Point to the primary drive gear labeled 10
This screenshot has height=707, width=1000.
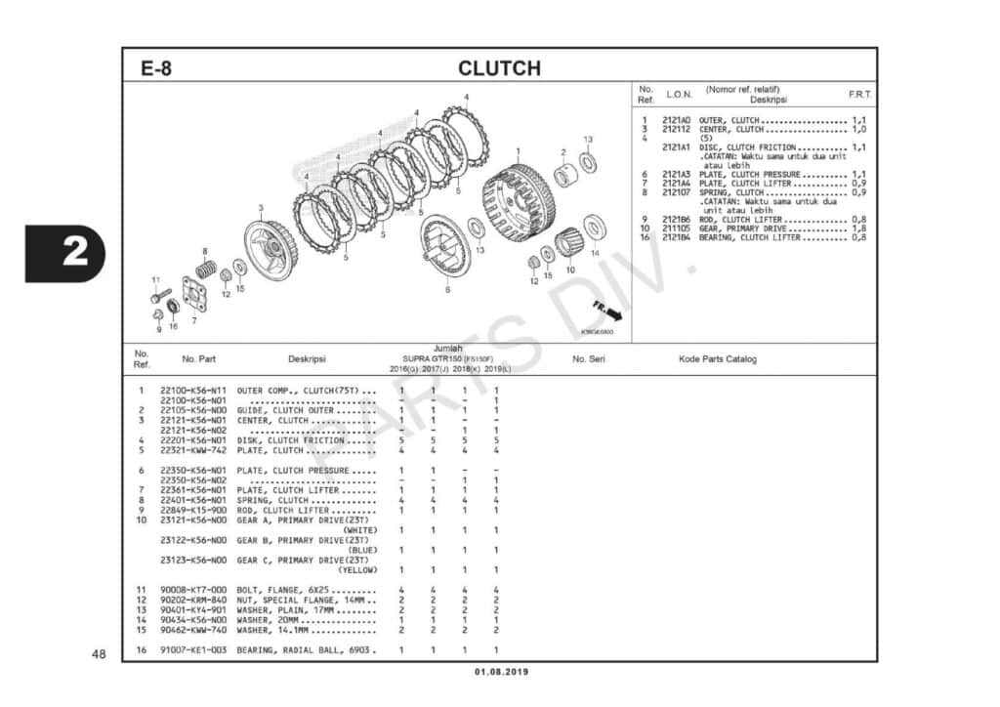click(x=568, y=246)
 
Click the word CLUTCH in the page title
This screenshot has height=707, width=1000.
click(x=499, y=68)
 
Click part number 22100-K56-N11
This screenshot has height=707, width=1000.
click(x=193, y=391)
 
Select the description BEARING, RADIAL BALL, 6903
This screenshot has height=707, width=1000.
click(x=306, y=649)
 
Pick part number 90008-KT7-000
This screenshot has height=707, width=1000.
click(x=193, y=590)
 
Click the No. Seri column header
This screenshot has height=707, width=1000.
click(x=590, y=358)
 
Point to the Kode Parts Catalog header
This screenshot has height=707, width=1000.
click(x=717, y=358)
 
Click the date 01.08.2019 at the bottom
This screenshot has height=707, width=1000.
click(x=499, y=672)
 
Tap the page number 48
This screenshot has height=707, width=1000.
click(x=98, y=653)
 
